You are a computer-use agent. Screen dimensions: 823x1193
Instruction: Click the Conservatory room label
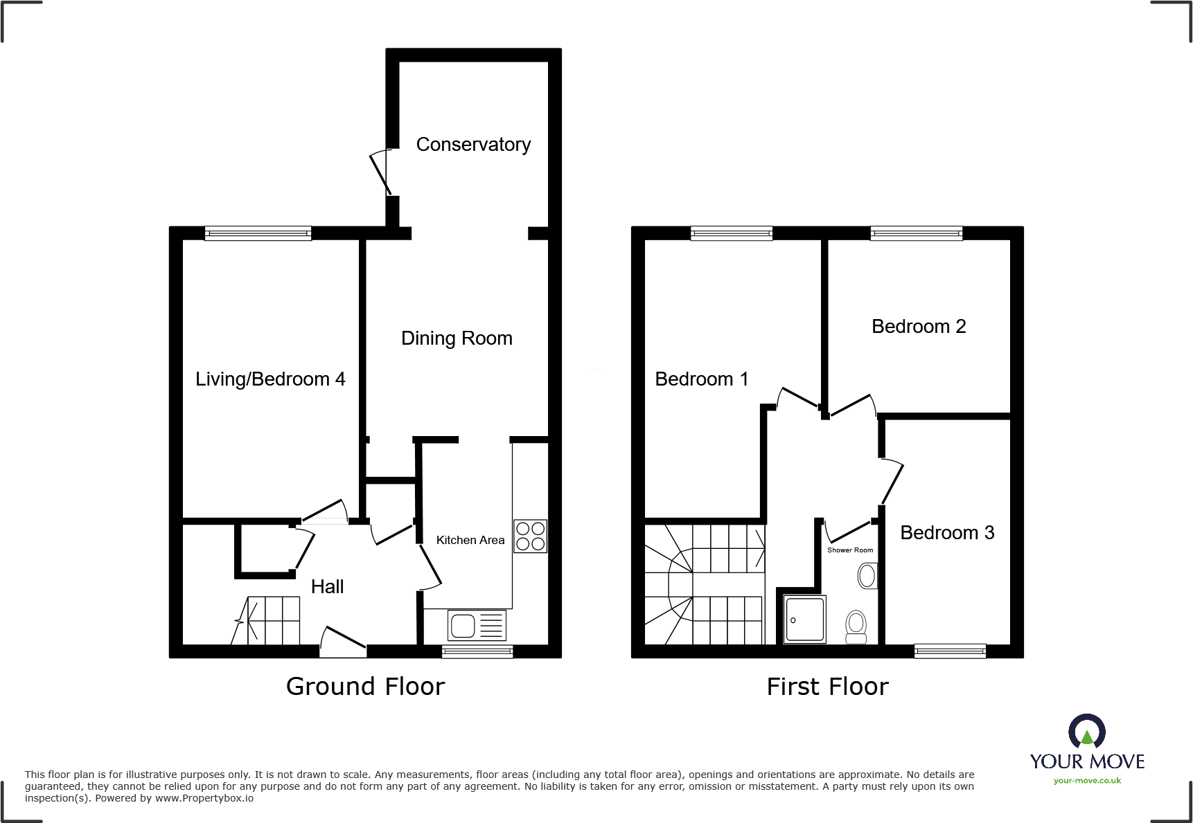pyautogui.click(x=473, y=144)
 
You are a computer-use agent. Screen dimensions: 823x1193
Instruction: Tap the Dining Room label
pyautogui.click(x=457, y=338)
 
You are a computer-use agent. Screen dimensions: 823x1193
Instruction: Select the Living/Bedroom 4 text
pyautogui.click(x=270, y=379)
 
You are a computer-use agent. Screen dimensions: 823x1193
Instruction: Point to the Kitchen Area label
pyautogui.click(x=470, y=540)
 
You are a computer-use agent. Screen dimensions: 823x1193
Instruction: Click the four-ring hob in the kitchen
pyautogui.click(x=530, y=536)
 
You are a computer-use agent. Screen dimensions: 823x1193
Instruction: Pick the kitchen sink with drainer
pyautogui.click(x=477, y=626)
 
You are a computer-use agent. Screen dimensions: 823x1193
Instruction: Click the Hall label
pyautogui.click(x=327, y=586)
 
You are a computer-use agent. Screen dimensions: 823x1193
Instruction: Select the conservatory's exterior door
pyautogui.click(x=382, y=172)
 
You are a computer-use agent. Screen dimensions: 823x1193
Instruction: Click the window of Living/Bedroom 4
pyautogui.click(x=258, y=233)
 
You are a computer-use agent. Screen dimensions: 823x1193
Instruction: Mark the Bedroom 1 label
pyautogui.click(x=701, y=379)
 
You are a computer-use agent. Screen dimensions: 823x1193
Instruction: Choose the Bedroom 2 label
pyautogui.click(x=919, y=326)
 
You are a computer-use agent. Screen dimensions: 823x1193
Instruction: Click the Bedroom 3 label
pyautogui.click(x=947, y=532)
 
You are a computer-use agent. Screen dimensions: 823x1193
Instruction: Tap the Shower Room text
pyautogui.click(x=850, y=550)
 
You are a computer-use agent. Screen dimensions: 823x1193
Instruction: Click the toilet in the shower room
pyautogui.click(x=856, y=626)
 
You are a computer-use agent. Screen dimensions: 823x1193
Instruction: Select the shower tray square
pyautogui.click(x=805, y=619)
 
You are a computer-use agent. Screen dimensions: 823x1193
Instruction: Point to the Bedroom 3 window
pyautogui.click(x=950, y=651)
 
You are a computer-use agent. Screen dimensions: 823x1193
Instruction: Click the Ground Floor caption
pyautogui.click(x=365, y=686)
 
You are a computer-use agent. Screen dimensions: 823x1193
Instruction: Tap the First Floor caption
pyautogui.click(x=827, y=686)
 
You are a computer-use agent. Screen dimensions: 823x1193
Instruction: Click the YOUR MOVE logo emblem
pyautogui.click(x=1087, y=732)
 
